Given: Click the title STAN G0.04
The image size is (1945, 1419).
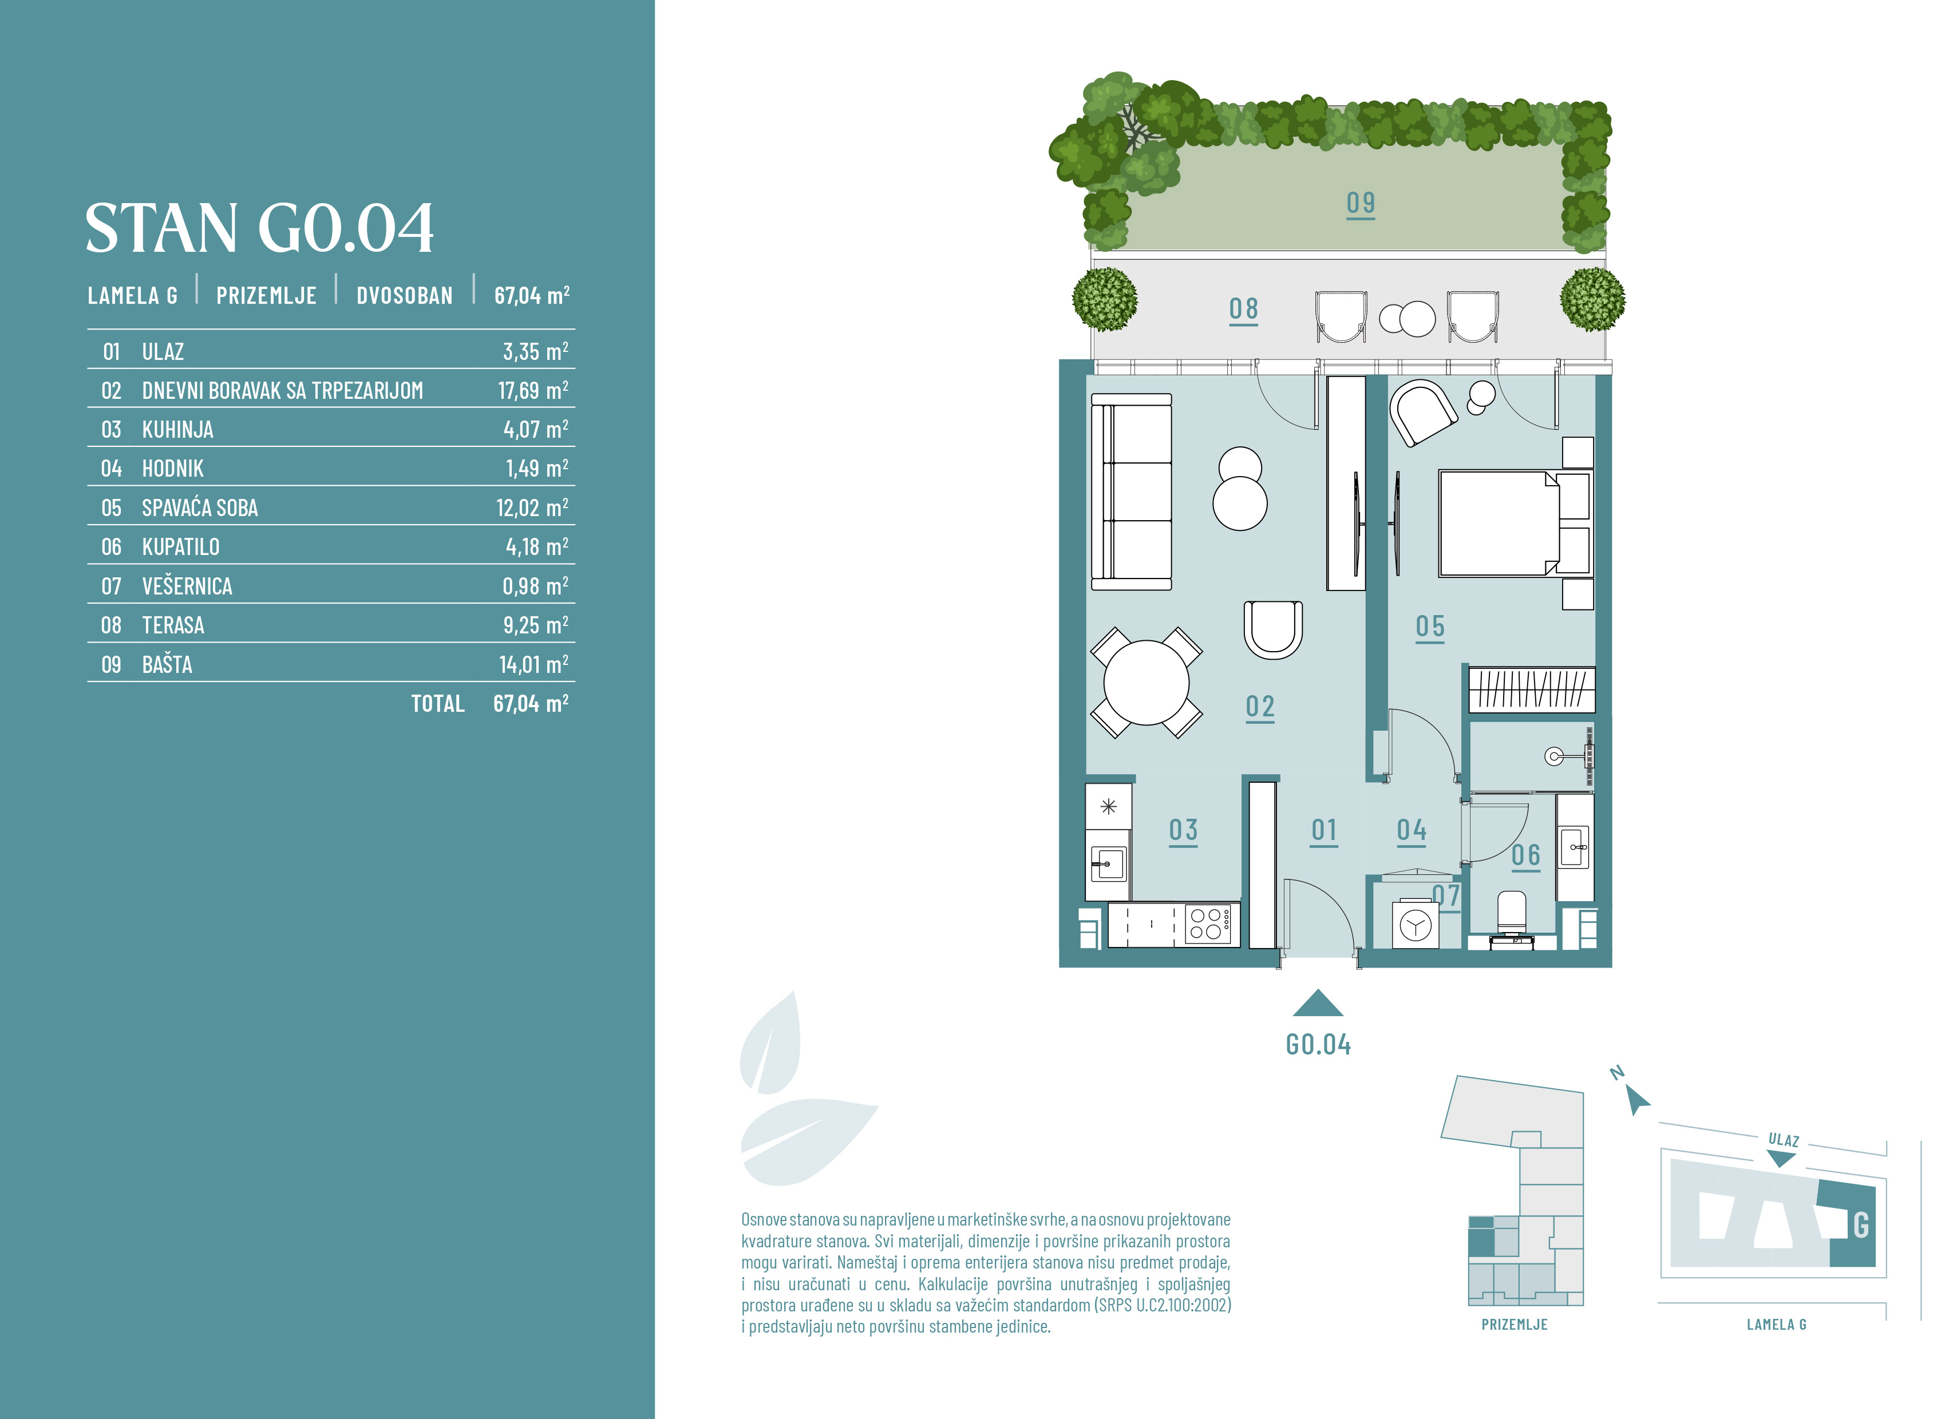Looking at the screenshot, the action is [x=259, y=228].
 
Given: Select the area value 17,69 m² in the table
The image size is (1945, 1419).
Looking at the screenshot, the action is [x=533, y=390].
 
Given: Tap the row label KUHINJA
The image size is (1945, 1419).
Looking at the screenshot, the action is [x=178, y=430].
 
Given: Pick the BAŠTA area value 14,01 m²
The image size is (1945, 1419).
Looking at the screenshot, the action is [x=533, y=664].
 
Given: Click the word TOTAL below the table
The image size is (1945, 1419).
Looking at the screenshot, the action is [x=437, y=703].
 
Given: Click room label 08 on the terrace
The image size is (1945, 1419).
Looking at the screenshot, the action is [x=1243, y=308].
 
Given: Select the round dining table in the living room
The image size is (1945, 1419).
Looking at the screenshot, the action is [x=1146, y=683].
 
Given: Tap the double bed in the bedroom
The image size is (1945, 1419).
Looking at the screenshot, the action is [x=1516, y=523].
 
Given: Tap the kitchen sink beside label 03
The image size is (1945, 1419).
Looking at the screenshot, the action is [x=1108, y=863].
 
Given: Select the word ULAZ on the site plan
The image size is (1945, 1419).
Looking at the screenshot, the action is [x=1784, y=1140].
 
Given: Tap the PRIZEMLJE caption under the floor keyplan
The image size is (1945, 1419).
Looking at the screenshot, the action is [x=1515, y=1325].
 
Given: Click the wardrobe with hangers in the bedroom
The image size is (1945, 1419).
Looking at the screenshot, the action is [x=1532, y=689].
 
